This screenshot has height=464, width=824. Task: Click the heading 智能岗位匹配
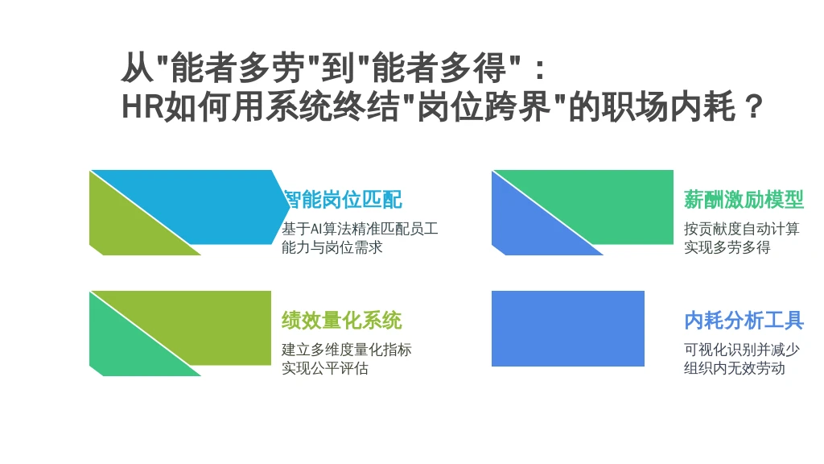[x=343, y=200]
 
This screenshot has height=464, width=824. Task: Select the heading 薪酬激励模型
[x=744, y=200]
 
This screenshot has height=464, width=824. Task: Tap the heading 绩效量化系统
[x=341, y=321]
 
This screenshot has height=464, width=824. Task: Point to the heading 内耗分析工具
[x=744, y=321]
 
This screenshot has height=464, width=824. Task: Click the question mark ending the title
[x=754, y=107]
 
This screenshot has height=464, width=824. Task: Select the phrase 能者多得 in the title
[x=439, y=68]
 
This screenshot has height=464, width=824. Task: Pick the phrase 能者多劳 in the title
[x=237, y=68]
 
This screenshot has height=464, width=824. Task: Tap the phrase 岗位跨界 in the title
[x=483, y=107]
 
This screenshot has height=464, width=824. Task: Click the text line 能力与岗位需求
[x=332, y=247]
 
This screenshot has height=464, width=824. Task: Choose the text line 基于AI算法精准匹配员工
[x=360, y=229]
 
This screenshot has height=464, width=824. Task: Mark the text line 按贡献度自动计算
[x=741, y=229]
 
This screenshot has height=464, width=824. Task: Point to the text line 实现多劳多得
[x=727, y=247]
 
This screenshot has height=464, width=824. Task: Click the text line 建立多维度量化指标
[x=346, y=350]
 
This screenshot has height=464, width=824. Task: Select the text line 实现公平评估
[x=325, y=368]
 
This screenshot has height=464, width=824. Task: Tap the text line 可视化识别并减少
[x=741, y=350]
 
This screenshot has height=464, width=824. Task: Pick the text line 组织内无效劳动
[x=734, y=368]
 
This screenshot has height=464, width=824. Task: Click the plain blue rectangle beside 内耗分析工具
[x=567, y=329]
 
